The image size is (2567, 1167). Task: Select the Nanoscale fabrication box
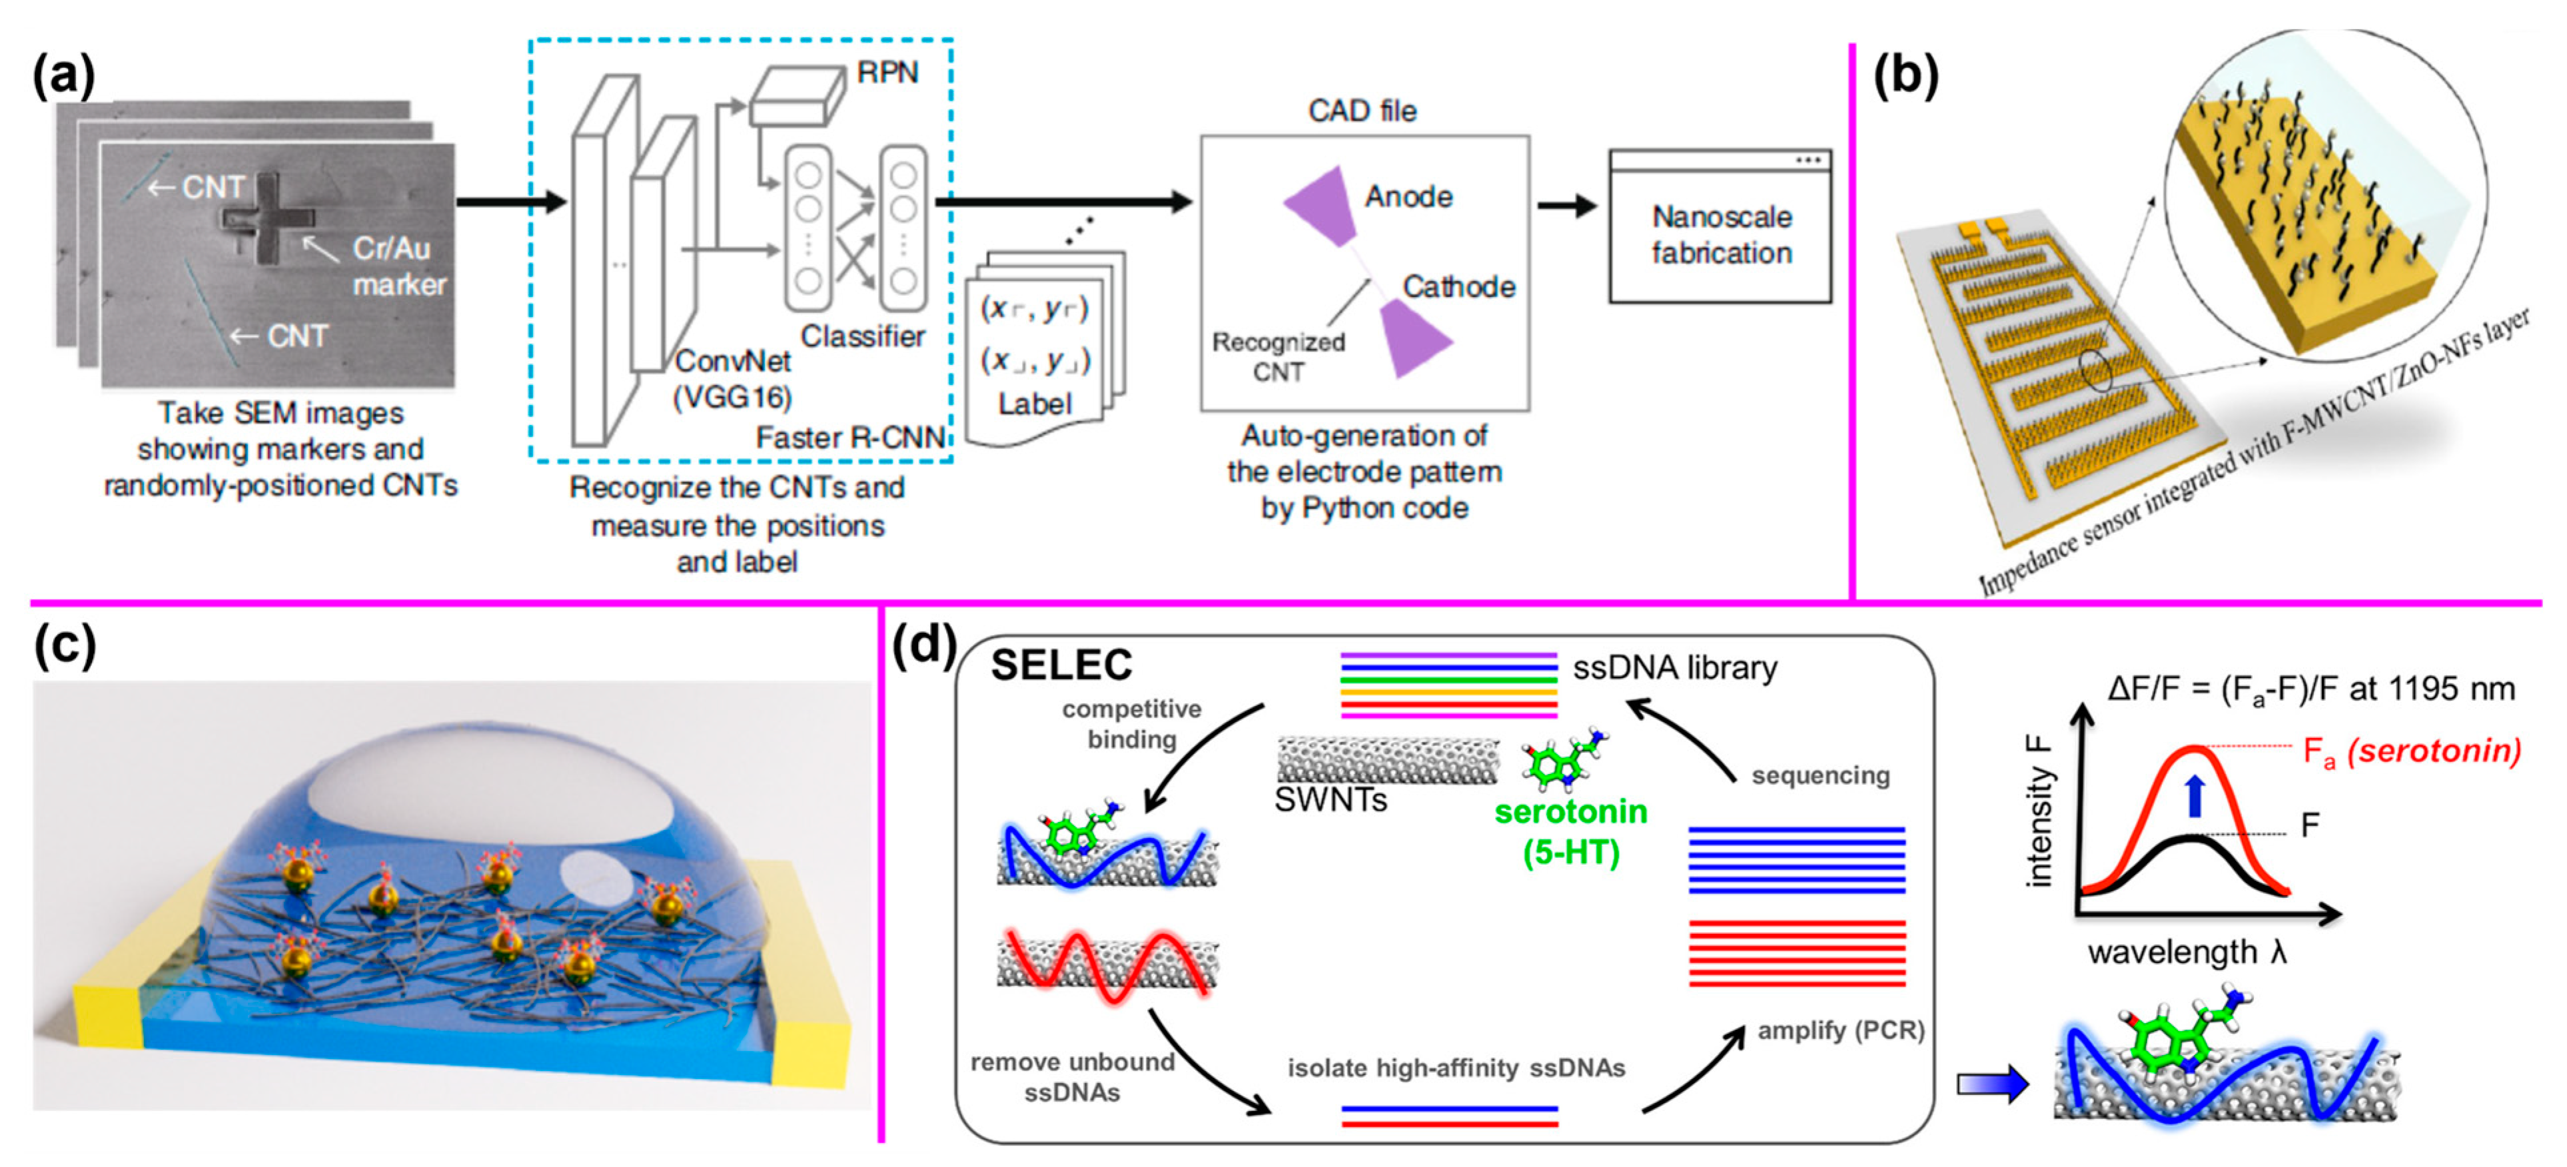coord(1720,235)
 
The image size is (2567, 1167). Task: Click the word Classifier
coord(863,337)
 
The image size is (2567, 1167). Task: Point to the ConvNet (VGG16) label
coord(732,379)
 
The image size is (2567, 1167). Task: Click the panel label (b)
coord(1905,76)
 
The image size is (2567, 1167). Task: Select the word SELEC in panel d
coord(1061,665)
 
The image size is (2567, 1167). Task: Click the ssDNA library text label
coord(1674,667)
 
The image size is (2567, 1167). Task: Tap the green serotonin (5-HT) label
coord(1570,831)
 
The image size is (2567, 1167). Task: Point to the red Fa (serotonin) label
coord(2412,751)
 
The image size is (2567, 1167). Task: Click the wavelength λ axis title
coord(2187,953)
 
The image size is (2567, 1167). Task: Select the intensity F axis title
coord(2039,811)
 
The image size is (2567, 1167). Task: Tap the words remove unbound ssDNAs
coord(1072,1076)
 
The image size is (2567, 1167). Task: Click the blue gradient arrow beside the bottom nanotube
coord(1991,1083)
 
